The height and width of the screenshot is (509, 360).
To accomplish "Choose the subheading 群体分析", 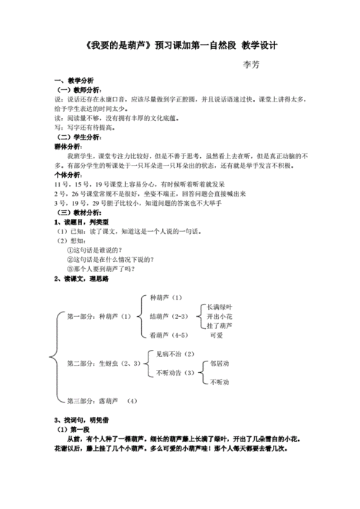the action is (69, 145).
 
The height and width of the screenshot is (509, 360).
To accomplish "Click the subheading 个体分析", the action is (69, 174).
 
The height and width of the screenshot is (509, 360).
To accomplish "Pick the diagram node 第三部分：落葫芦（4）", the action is (101, 400).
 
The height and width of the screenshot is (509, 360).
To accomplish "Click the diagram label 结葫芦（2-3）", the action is (168, 316).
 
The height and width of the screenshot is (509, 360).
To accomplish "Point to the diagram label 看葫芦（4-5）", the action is (168, 335).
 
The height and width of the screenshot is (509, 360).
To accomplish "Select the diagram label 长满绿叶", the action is (218, 306).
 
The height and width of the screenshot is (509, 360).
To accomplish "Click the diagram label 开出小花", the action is (218, 316).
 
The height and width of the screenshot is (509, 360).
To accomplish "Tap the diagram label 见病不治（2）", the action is (175, 353).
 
